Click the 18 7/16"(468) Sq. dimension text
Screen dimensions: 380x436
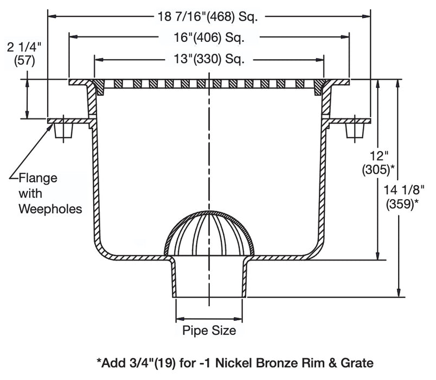pyautogui.click(x=209, y=16)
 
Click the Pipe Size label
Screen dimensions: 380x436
pyautogui.click(x=209, y=330)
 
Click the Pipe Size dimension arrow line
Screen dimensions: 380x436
pyautogui.click(x=209, y=318)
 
